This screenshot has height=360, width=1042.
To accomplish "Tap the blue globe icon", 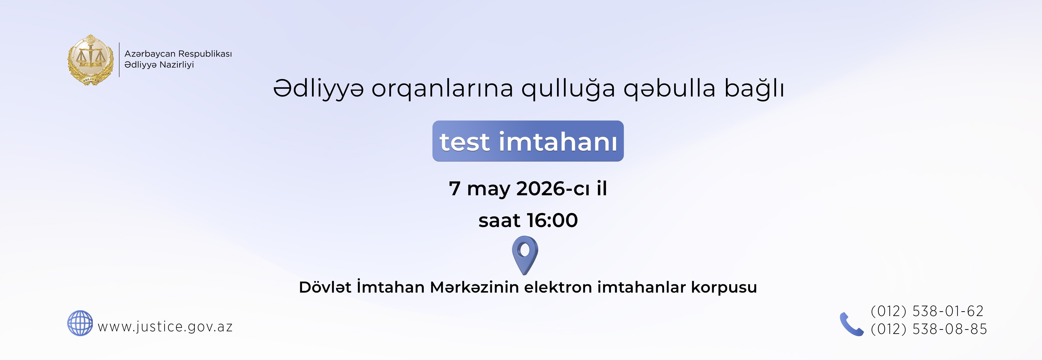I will [80, 323].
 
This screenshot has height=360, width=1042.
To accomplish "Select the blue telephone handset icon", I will [851, 324].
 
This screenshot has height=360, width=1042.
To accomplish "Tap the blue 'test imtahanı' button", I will [528, 141].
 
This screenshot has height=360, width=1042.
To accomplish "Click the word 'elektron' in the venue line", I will [558, 287].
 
